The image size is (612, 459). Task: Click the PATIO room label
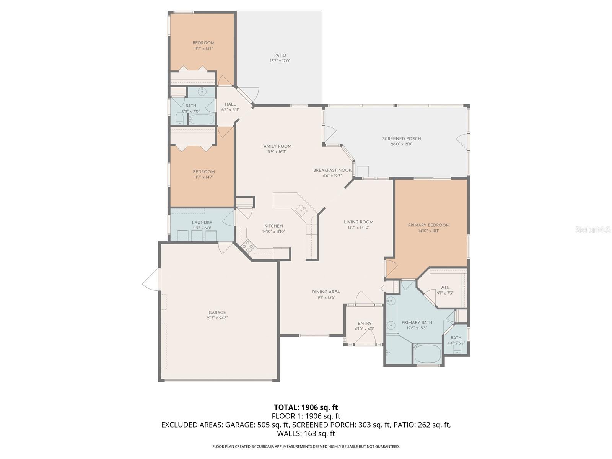pos(280,55)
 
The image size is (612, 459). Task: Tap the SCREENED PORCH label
pos(401,138)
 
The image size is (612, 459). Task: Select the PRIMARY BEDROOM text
pos(428,225)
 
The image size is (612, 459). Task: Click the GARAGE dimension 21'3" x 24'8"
pos(217,318)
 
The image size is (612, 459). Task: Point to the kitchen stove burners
pos(248,246)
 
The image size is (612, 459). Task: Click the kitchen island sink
pos(301,209)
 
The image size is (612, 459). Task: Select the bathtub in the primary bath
pos(428,354)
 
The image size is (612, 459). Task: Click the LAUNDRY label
pos(202,223)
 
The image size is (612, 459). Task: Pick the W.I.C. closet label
pos(445,288)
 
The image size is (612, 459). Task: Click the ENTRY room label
pos(365,324)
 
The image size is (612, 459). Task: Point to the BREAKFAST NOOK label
pos(332,170)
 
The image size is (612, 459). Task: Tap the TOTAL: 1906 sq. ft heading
pos(306,407)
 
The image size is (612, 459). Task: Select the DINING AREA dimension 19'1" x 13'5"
pos(326,297)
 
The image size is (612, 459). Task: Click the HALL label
pos(230,104)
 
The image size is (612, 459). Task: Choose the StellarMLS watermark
pos(593,229)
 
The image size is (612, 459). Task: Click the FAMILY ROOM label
pos(276,146)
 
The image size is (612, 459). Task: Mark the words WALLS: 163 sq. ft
pos(306,434)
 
